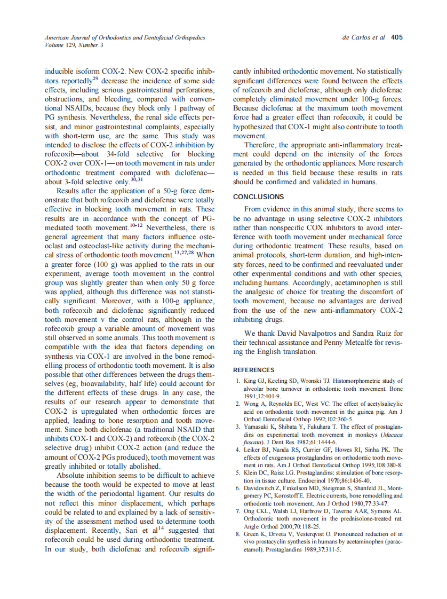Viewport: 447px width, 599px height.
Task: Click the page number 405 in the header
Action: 396,38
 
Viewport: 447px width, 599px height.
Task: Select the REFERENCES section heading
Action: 254,370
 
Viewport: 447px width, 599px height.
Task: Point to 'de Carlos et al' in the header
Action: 363,38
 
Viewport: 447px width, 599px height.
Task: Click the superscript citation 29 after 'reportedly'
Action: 96,78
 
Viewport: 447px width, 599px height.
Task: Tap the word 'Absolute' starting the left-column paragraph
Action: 73,475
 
